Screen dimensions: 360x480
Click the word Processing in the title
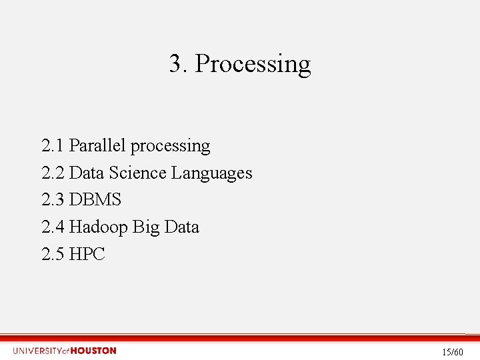click(253, 65)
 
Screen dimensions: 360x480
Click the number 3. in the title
click(177, 64)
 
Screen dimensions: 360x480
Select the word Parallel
click(99, 145)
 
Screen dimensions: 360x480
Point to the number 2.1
click(53, 145)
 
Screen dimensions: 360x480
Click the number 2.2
click(53, 173)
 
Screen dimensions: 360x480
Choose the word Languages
click(212, 174)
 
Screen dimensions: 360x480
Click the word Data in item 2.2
click(87, 173)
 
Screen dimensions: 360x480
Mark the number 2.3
click(53, 200)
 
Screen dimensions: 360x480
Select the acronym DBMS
click(95, 200)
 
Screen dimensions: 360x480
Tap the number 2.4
click(53, 227)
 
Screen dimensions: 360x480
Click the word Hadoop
click(99, 228)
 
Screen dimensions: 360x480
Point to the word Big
click(146, 228)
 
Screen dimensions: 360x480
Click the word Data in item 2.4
click(181, 227)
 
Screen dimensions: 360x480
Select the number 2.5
click(53, 255)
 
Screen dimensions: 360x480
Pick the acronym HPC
click(87, 255)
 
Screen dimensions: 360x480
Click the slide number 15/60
click(453, 351)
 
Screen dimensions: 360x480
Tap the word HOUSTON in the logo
click(93, 351)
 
